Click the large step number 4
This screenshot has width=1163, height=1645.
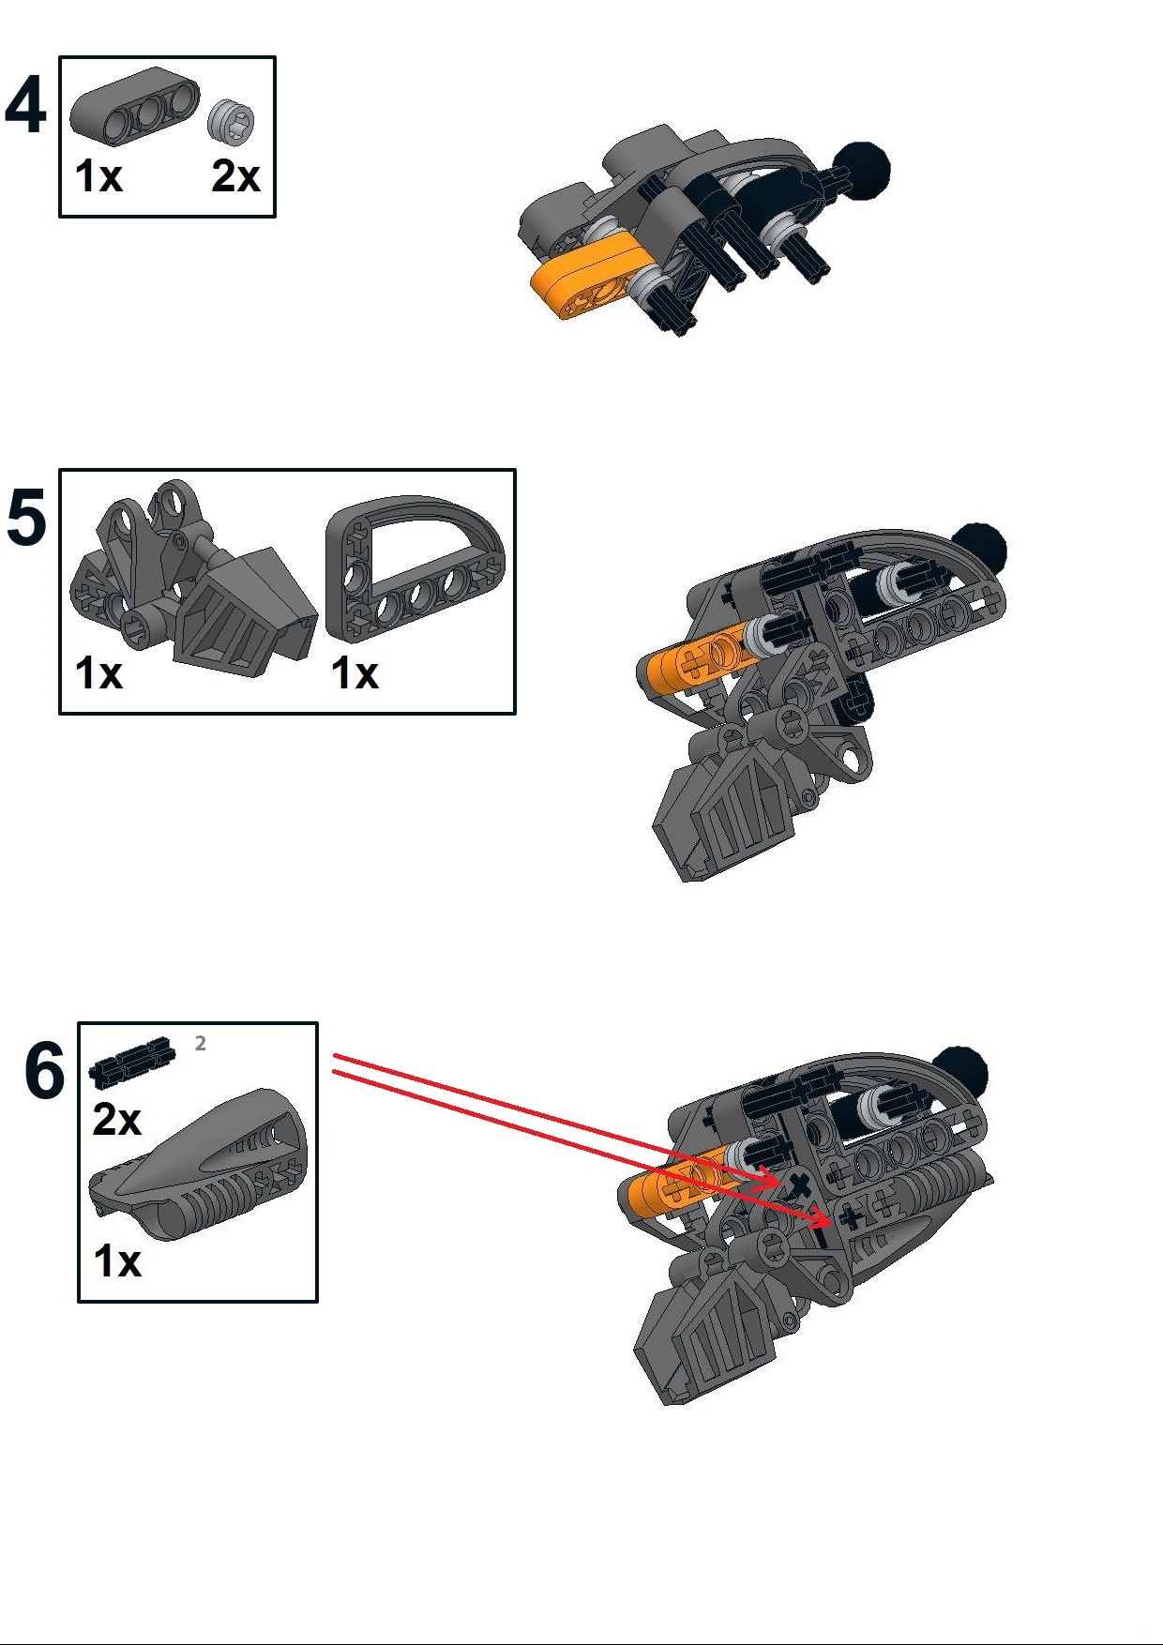(x=25, y=105)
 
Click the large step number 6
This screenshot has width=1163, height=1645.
(x=44, y=1071)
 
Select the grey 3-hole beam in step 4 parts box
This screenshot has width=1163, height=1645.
(x=134, y=105)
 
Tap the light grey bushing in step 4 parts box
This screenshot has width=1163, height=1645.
(x=233, y=121)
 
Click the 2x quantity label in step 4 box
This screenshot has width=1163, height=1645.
(x=234, y=176)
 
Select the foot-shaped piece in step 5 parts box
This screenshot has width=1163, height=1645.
(x=192, y=581)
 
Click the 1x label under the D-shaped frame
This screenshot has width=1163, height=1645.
(x=355, y=673)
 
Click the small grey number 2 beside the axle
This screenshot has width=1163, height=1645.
(x=200, y=1043)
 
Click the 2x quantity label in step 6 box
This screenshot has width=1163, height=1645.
(x=116, y=1120)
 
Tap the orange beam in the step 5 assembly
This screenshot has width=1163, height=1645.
(x=689, y=661)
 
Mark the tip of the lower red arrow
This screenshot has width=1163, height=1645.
(x=831, y=1222)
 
